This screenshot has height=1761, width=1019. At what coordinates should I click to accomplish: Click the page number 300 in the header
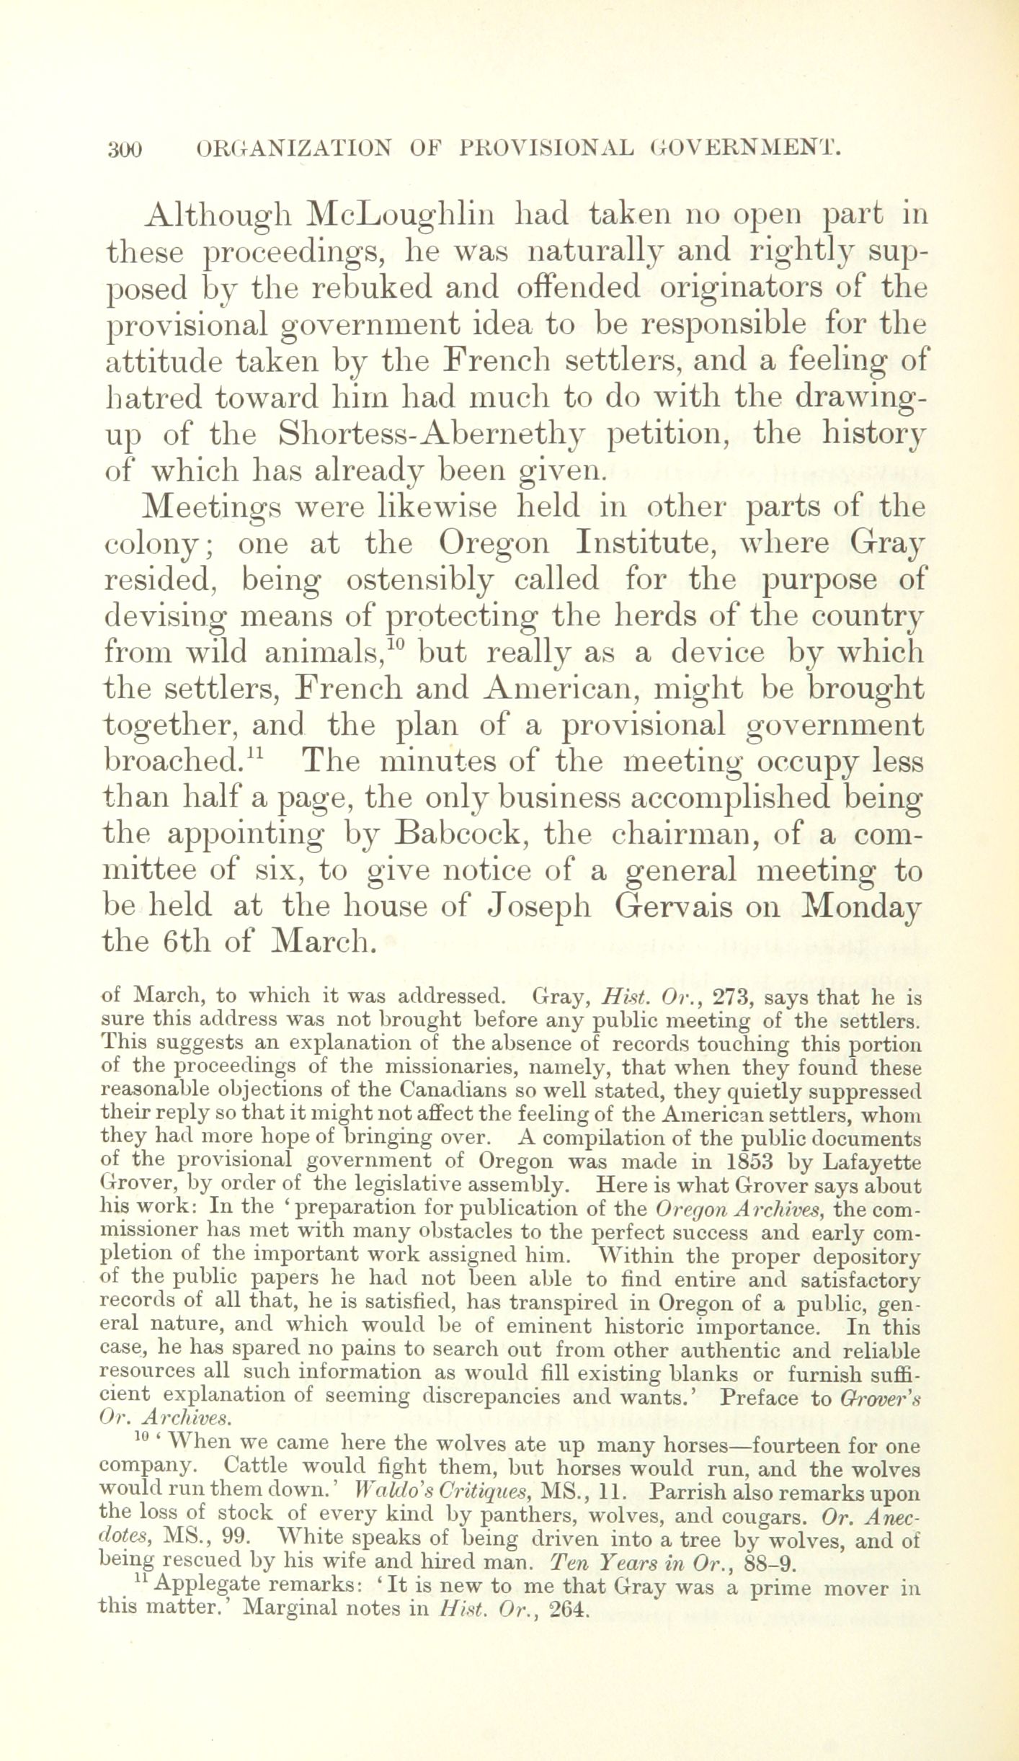(x=126, y=149)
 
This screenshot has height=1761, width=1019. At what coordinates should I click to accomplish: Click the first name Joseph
(x=540, y=906)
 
